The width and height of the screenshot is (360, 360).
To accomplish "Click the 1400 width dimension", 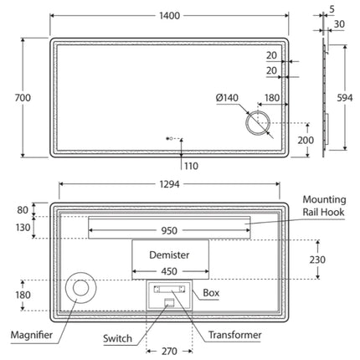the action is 169,16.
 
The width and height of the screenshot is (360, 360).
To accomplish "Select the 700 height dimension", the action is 23,98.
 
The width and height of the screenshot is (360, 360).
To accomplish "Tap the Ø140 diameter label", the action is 227,98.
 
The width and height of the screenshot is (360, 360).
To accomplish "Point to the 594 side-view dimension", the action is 345,98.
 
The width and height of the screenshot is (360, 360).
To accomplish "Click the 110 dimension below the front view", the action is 191,166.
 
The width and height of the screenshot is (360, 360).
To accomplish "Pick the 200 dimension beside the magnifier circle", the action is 306,140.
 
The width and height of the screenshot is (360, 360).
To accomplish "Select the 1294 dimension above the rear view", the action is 169,184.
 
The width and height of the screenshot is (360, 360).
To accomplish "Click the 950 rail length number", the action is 169,230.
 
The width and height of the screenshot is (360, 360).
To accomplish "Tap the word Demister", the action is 169,255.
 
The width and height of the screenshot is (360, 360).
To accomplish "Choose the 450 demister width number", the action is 169,271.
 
